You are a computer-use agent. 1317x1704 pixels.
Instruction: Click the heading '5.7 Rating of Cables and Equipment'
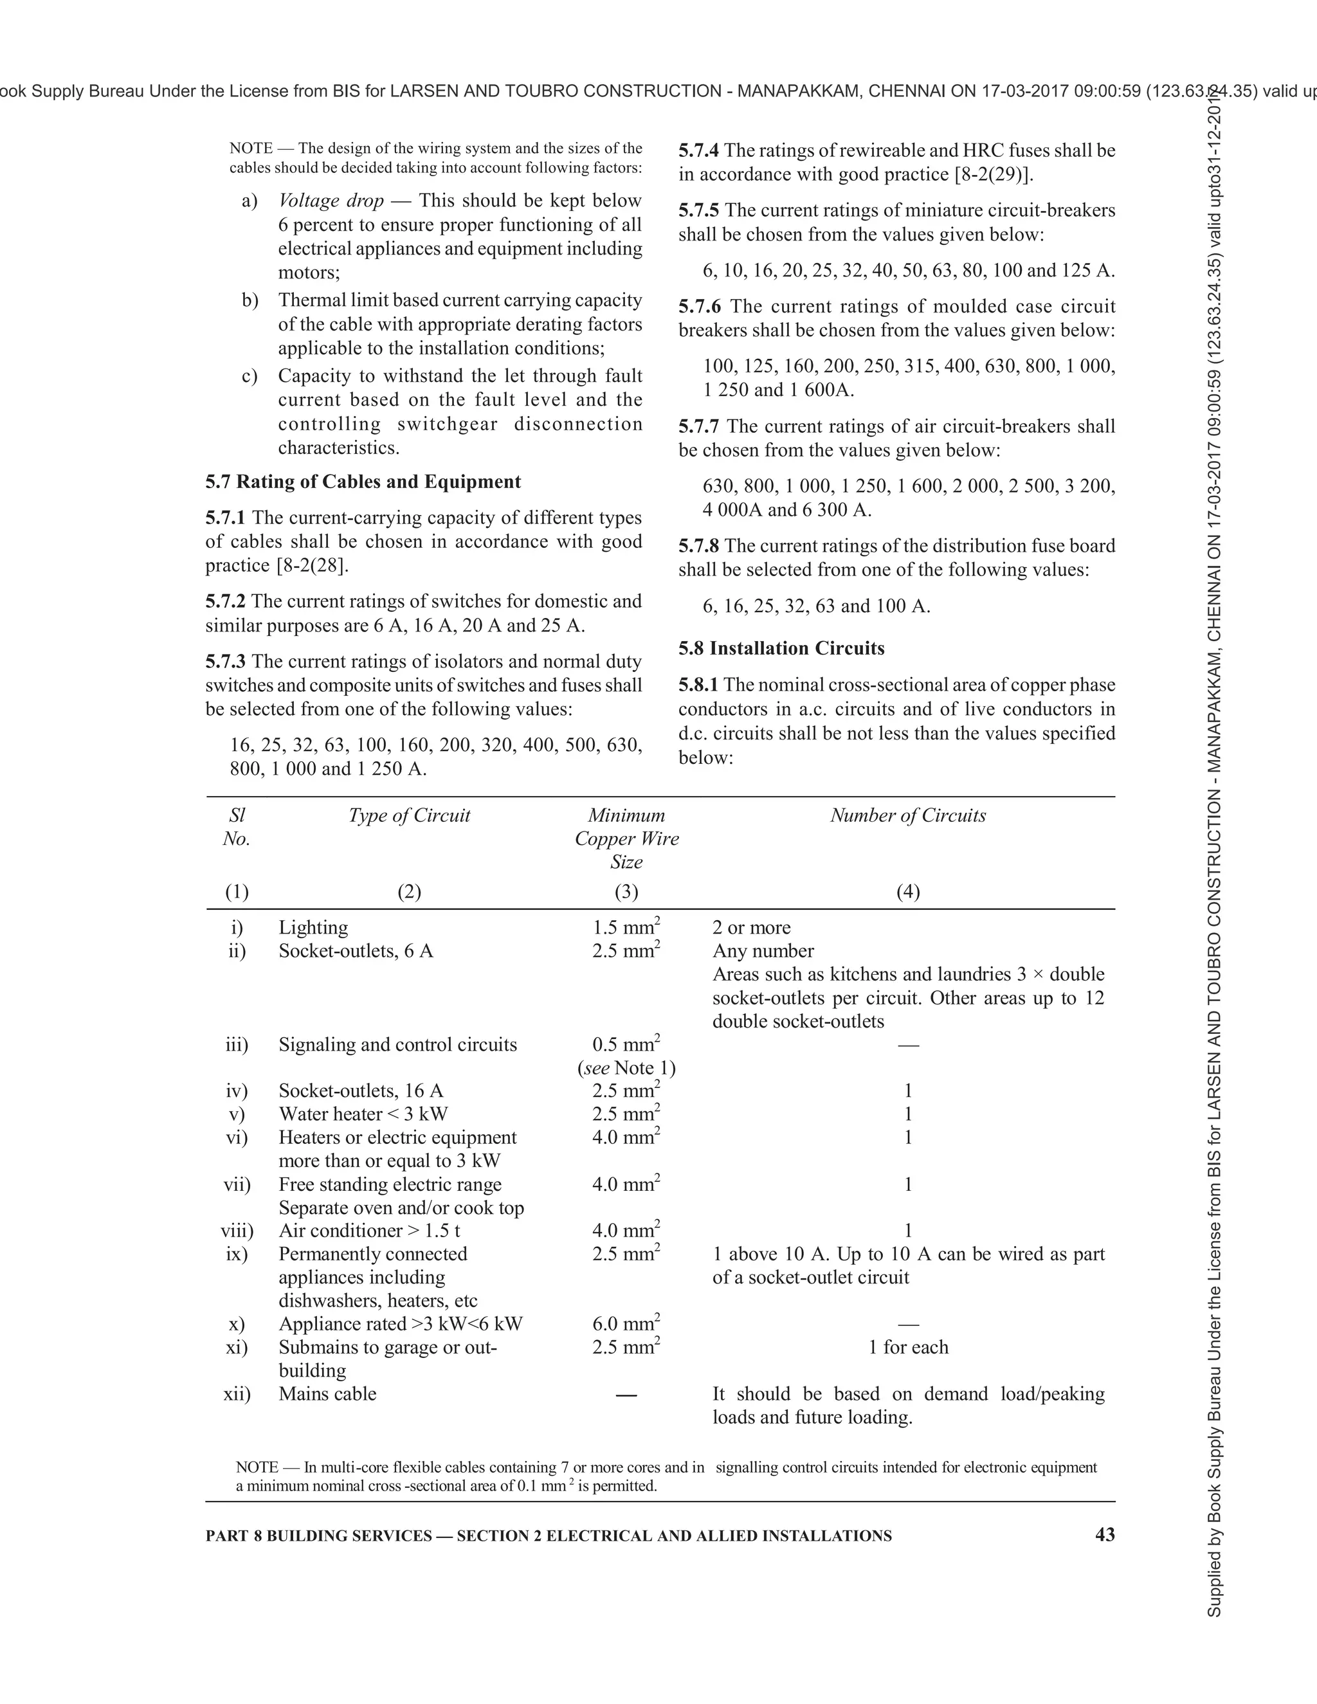(363, 482)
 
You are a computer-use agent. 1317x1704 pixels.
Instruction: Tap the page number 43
(1105, 1535)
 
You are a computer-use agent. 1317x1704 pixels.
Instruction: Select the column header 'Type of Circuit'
(409, 815)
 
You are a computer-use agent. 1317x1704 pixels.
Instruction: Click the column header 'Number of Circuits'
(907, 815)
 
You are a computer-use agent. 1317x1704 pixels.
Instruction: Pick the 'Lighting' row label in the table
(313, 928)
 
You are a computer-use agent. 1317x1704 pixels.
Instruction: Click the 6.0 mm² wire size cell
(626, 1324)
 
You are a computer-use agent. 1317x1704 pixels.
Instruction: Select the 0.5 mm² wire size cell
(626, 1045)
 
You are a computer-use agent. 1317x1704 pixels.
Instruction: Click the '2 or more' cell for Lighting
(750, 928)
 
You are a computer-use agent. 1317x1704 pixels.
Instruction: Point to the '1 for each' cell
(908, 1347)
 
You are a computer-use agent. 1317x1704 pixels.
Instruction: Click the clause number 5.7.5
(699, 211)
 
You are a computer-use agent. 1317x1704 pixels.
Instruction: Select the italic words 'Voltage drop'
(331, 201)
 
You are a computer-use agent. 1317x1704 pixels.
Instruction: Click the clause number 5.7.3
(226, 662)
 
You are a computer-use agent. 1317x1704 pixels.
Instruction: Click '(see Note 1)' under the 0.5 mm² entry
(626, 1068)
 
